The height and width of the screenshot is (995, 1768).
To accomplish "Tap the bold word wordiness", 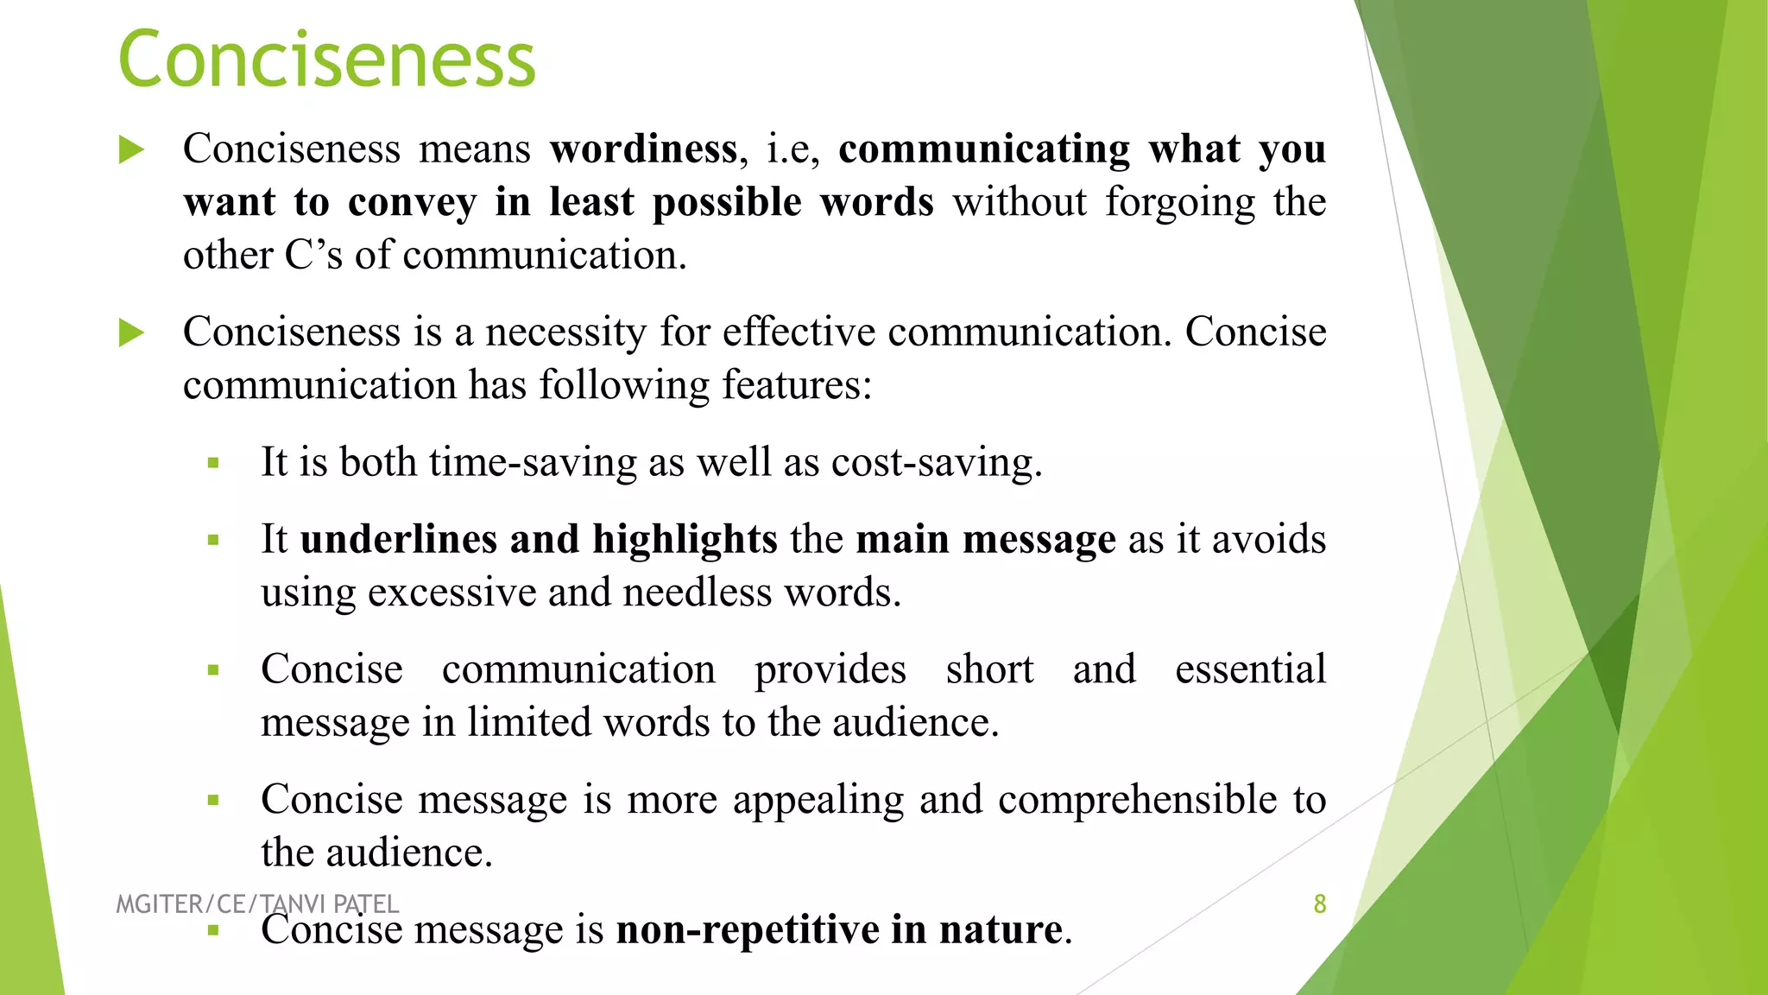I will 644,149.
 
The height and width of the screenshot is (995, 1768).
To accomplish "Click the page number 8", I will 1319,904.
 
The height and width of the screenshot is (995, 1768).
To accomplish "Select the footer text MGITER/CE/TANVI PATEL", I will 257,904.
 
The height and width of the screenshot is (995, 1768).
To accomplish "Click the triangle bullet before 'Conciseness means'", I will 131,149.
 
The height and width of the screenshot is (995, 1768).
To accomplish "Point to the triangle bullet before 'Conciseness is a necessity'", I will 131,333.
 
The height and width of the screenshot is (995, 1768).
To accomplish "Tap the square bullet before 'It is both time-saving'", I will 213,464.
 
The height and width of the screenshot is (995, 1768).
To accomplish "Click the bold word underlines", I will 398,539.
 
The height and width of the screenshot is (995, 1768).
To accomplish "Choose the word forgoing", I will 1180,203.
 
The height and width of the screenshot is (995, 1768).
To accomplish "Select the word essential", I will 1250,669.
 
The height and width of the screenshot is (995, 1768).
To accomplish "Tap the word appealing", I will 818,800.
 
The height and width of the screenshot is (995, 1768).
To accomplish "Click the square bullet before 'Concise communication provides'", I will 213,670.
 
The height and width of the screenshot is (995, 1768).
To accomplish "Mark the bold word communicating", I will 984,149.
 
